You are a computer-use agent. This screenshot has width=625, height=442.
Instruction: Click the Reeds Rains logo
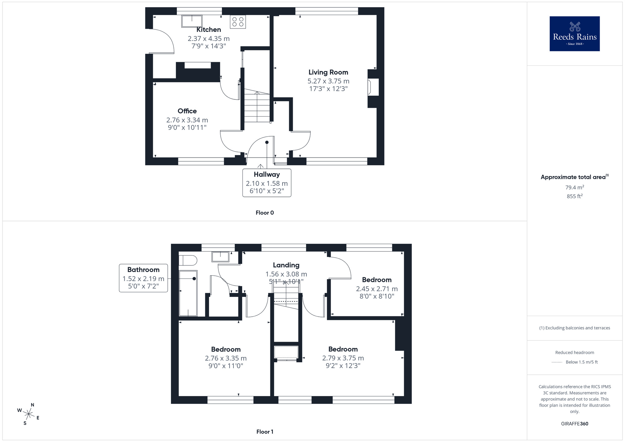point(574,34)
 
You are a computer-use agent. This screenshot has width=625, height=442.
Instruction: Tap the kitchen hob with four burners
point(238,22)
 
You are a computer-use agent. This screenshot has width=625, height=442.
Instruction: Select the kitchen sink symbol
point(192,21)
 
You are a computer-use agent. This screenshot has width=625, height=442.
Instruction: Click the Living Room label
point(328,72)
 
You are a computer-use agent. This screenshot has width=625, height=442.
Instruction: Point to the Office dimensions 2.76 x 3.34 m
point(187,120)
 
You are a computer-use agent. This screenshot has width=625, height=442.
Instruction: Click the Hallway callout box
point(267,183)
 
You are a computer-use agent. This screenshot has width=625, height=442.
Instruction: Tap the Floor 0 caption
point(264,213)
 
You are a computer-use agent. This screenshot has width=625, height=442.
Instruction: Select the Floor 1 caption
point(264,432)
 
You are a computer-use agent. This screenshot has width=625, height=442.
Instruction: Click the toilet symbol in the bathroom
point(188,260)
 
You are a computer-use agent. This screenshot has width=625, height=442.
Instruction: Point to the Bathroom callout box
point(143,278)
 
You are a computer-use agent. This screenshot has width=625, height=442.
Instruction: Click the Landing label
point(286,265)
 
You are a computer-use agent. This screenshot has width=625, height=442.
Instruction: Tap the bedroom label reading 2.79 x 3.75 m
point(343,358)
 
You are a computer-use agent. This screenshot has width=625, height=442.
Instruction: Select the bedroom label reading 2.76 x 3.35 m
point(226,358)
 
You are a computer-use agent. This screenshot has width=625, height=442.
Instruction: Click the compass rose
point(29,414)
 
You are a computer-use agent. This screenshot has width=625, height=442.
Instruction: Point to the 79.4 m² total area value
point(574,188)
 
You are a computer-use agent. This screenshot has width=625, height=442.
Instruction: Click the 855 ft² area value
point(574,196)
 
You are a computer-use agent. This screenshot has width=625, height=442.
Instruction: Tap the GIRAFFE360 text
point(574,424)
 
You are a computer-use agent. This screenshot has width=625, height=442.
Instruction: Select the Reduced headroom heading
point(574,353)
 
